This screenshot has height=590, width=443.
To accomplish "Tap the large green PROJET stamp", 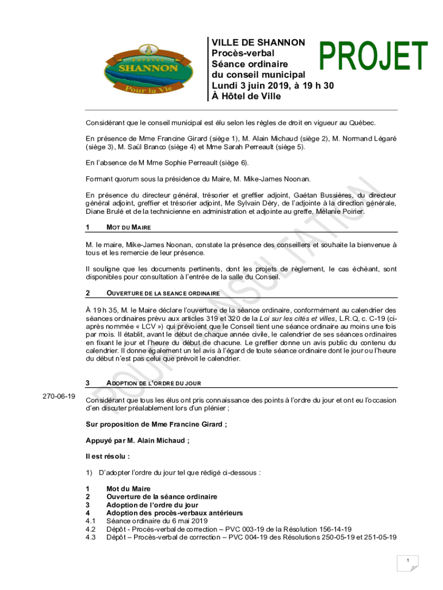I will (x=374, y=59).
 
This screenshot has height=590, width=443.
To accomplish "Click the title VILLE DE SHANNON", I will (x=258, y=43).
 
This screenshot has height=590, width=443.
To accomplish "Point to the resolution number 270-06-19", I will (x=59, y=396).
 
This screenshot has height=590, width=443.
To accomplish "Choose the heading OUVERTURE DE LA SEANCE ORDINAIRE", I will (x=163, y=293).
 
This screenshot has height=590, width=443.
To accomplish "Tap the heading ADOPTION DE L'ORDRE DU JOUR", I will (x=153, y=383).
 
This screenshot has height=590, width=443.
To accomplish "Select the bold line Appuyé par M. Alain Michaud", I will (x=138, y=441).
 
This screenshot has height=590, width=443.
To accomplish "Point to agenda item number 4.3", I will (x=90, y=537).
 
